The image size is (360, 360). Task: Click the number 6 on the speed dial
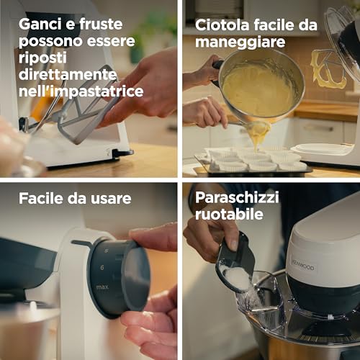(103, 267)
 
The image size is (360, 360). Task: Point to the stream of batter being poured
(257, 133)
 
